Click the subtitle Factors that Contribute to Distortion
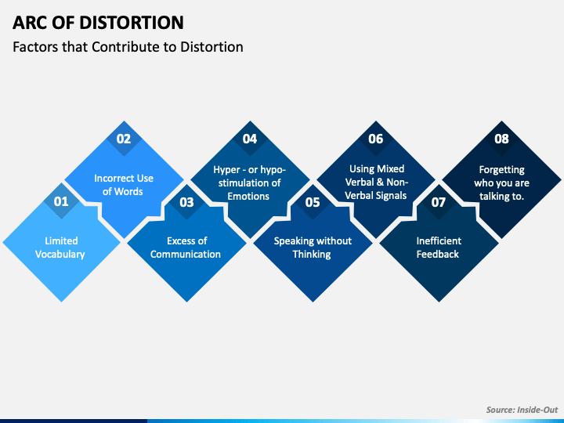[x=128, y=47]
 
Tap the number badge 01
[x=61, y=201]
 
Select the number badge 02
[x=124, y=139]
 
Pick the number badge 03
[x=186, y=201]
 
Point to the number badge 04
[x=250, y=139]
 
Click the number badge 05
[x=313, y=201]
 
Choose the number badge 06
[x=376, y=139]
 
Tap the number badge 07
[x=439, y=201]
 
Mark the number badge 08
[x=501, y=139]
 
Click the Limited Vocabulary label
[x=61, y=248]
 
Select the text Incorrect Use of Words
[x=124, y=185]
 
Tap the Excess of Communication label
[x=186, y=248]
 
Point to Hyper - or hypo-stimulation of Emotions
[x=250, y=183]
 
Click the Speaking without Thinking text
[x=313, y=248]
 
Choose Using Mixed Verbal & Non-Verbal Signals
[x=376, y=183]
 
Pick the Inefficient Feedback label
[x=439, y=248]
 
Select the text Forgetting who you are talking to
[x=501, y=183]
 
